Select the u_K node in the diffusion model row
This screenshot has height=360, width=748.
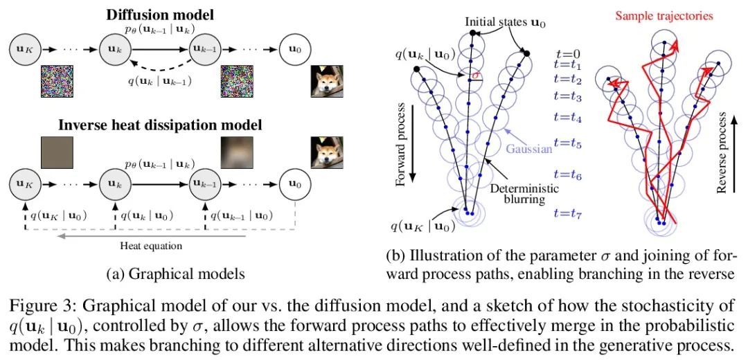23,48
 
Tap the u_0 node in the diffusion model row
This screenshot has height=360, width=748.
294,48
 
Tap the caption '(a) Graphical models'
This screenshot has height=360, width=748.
176,273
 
